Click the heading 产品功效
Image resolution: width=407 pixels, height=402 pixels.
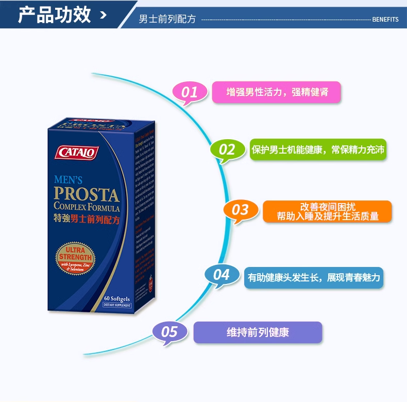(x=54, y=15)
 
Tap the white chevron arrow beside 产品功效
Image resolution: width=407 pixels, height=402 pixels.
(x=104, y=15)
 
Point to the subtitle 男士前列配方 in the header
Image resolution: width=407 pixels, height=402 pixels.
(x=167, y=19)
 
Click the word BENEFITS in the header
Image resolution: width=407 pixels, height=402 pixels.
(x=385, y=20)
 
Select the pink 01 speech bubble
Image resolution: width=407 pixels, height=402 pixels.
(x=189, y=92)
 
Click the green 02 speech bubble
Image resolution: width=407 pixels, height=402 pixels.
(x=227, y=150)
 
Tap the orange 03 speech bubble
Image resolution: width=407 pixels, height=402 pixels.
(x=240, y=210)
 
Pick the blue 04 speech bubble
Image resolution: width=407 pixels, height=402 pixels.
(x=221, y=275)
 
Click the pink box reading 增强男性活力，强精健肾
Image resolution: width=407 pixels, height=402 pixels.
(x=277, y=92)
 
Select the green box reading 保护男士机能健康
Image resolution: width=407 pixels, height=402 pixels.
(x=318, y=149)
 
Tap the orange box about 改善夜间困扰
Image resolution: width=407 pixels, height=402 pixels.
(x=327, y=211)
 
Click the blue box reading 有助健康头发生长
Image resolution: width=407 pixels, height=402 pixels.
(x=314, y=277)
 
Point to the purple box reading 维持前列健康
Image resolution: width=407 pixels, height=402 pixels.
(x=258, y=332)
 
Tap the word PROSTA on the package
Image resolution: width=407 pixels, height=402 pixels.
(x=87, y=195)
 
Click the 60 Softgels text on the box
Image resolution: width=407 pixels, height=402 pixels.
(x=116, y=298)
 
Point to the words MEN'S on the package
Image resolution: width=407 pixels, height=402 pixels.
(x=68, y=180)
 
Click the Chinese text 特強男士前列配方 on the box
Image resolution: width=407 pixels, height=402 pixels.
(x=87, y=219)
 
